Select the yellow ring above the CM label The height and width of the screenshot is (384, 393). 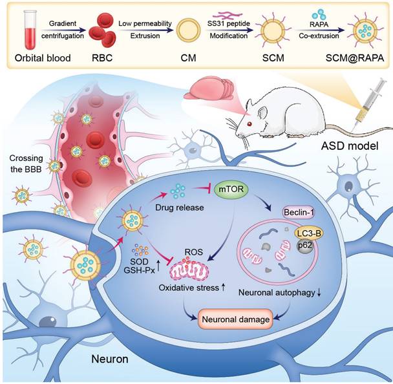tap(188, 30)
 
